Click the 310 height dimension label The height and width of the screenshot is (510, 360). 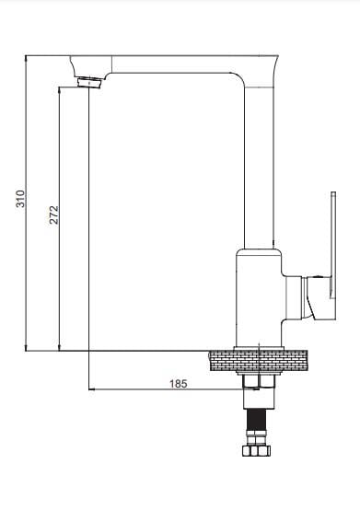(20, 199)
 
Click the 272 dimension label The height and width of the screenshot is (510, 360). (53, 214)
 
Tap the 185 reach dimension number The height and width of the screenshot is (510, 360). (179, 384)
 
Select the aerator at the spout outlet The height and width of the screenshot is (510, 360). (90, 83)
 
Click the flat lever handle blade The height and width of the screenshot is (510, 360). (333, 245)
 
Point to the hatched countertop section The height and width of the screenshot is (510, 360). (259, 361)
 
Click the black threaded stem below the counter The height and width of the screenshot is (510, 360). (257, 419)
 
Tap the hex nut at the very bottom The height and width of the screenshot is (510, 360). (257, 450)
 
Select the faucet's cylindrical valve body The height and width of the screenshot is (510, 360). (259, 297)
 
